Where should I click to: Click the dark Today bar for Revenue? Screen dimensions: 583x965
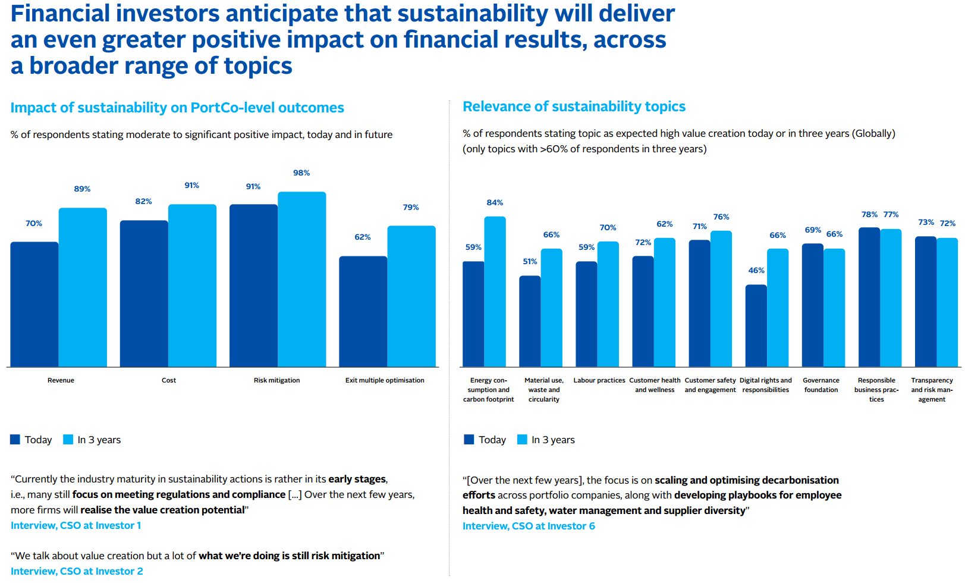[x=34, y=304]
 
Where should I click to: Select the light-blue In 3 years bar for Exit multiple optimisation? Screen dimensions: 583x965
[x=411, y=296]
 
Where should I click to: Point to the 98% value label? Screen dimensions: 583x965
[x=301, y=173]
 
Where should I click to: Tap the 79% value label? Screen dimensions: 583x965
[x=411, y=208]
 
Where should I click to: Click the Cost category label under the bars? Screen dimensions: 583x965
[x=169, y=381]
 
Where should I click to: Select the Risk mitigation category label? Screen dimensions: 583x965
[x=276, y=381]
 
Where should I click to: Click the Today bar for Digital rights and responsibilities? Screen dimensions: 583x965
[x=756, y=325]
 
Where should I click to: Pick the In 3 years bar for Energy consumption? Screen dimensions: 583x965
[x=495, y=291]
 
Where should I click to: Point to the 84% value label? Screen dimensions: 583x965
[x=495, y=203]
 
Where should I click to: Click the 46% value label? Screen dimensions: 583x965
[x=756, y=271]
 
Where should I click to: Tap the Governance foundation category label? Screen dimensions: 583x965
[x=821, y=385]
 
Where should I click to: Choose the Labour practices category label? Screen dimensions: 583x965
[x=599, y=381]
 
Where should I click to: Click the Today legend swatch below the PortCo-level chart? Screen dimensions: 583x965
[x=15, y=440]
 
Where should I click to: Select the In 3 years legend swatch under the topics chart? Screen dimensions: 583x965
[x=522, y=440]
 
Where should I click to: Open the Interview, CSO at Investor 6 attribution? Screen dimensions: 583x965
[x=529, y=526]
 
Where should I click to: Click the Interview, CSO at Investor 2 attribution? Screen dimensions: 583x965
[x=77, y=572]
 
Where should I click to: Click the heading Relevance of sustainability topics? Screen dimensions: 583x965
[x=574, y=107]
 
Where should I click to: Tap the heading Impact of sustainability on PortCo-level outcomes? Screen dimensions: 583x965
[x=177, y=108]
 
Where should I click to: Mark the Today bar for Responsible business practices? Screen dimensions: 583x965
[x=869, y=297]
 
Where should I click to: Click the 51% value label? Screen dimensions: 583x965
[x=530, y=262]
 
